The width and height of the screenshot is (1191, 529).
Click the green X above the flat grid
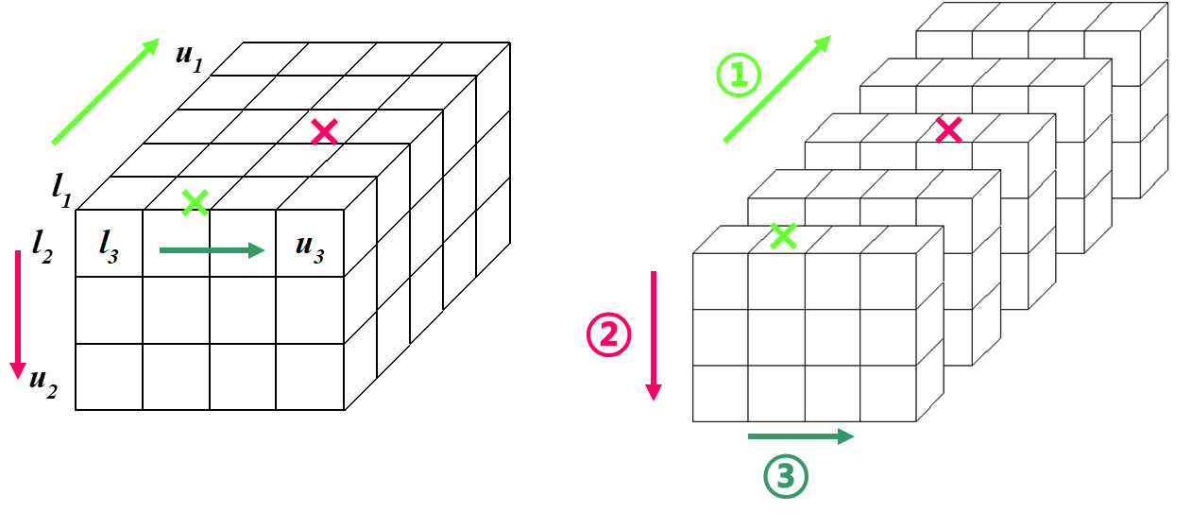[x=196, y=201]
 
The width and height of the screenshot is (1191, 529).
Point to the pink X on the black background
[x=325, y=132]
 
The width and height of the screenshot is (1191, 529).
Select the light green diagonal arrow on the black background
[x=106, y=92]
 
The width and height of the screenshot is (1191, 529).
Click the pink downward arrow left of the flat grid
[x=17, y=315]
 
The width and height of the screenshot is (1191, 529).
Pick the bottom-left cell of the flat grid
[x=110, y=376]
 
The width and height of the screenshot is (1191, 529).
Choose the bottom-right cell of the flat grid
[x=310, y=376]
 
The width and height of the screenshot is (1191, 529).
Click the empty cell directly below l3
[x=110, y=310]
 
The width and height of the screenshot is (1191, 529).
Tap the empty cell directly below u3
[x=310, y=310]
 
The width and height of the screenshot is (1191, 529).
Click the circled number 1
[x=738, y=77]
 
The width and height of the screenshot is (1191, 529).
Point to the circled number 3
[x=786, y=477]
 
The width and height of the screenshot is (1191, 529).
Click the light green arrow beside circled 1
[x=777, y=89]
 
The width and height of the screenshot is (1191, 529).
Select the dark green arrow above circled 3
[x=801, y=435]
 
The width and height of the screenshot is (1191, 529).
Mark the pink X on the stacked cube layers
[x=948, y=130]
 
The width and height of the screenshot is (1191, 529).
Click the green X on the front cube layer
[x=783, y=235]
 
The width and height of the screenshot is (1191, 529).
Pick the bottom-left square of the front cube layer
[x=721, y=393]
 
